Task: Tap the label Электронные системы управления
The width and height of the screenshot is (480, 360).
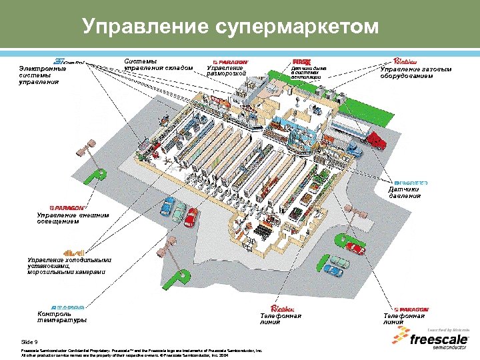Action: click(x=43, y=75)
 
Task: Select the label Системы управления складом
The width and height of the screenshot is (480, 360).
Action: click(x=158, y=65)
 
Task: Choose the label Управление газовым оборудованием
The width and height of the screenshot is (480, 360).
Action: click(x=415, y=72)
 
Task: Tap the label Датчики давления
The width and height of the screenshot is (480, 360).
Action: click(x=405, y=193)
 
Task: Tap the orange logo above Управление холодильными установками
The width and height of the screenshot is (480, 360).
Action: click(x=73, y=253)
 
